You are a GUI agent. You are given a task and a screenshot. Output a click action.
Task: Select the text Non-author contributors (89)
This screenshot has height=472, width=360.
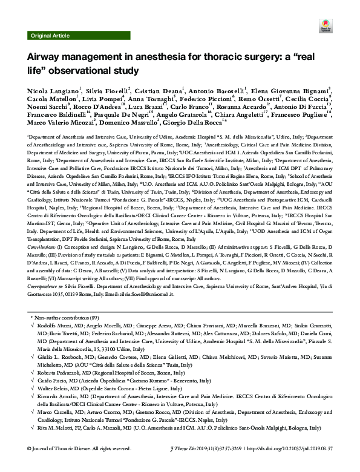tap(65, 316)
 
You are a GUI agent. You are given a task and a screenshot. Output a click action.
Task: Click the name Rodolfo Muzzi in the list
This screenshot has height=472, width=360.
tap(53, 326)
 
